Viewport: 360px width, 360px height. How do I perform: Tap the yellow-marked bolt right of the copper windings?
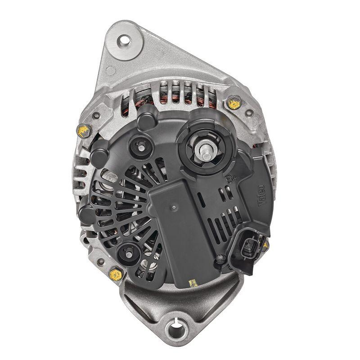(233, 104)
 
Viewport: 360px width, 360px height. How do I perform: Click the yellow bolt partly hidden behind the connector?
(265, 246)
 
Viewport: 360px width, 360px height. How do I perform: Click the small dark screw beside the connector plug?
(220, 258)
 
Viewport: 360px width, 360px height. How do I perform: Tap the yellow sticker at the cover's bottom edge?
(193, 283)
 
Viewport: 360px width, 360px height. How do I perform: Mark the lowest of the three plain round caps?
(87, 215)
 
